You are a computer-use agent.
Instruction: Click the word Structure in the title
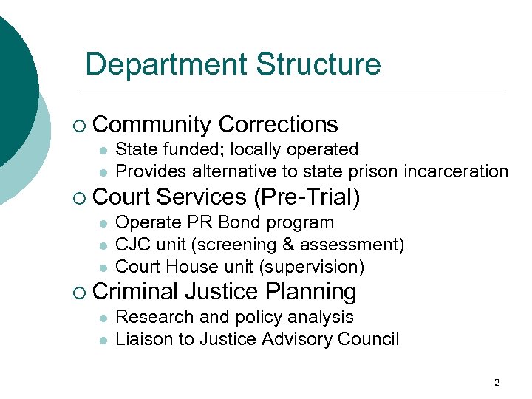coord(318,65)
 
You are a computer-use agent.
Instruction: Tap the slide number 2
coord(497,382)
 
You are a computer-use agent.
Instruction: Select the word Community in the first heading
coord(153,124)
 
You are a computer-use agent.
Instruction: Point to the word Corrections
coord(279,124)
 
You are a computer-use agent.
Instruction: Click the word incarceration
coord(457,171)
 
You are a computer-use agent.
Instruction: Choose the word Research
coord(152,317)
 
